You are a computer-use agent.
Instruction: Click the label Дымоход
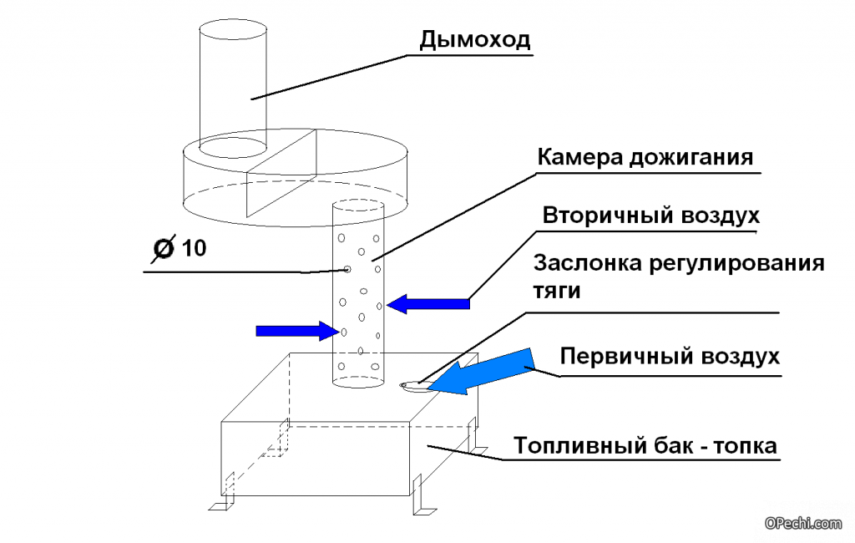click(x=474, y=39)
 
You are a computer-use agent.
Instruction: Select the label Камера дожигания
click(x=645, y=157)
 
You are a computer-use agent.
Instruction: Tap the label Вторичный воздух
click(x=651, y=215)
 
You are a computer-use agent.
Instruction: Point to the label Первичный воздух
click(x=670, y=357)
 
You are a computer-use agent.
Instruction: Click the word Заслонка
click(x=586, y=264)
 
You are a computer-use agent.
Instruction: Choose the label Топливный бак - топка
click(x=645, y=446)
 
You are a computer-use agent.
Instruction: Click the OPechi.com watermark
click(x=803, y=523)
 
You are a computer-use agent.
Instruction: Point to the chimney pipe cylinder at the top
click(x=233, y=84)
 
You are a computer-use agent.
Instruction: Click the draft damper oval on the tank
click(x=414, y=385)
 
